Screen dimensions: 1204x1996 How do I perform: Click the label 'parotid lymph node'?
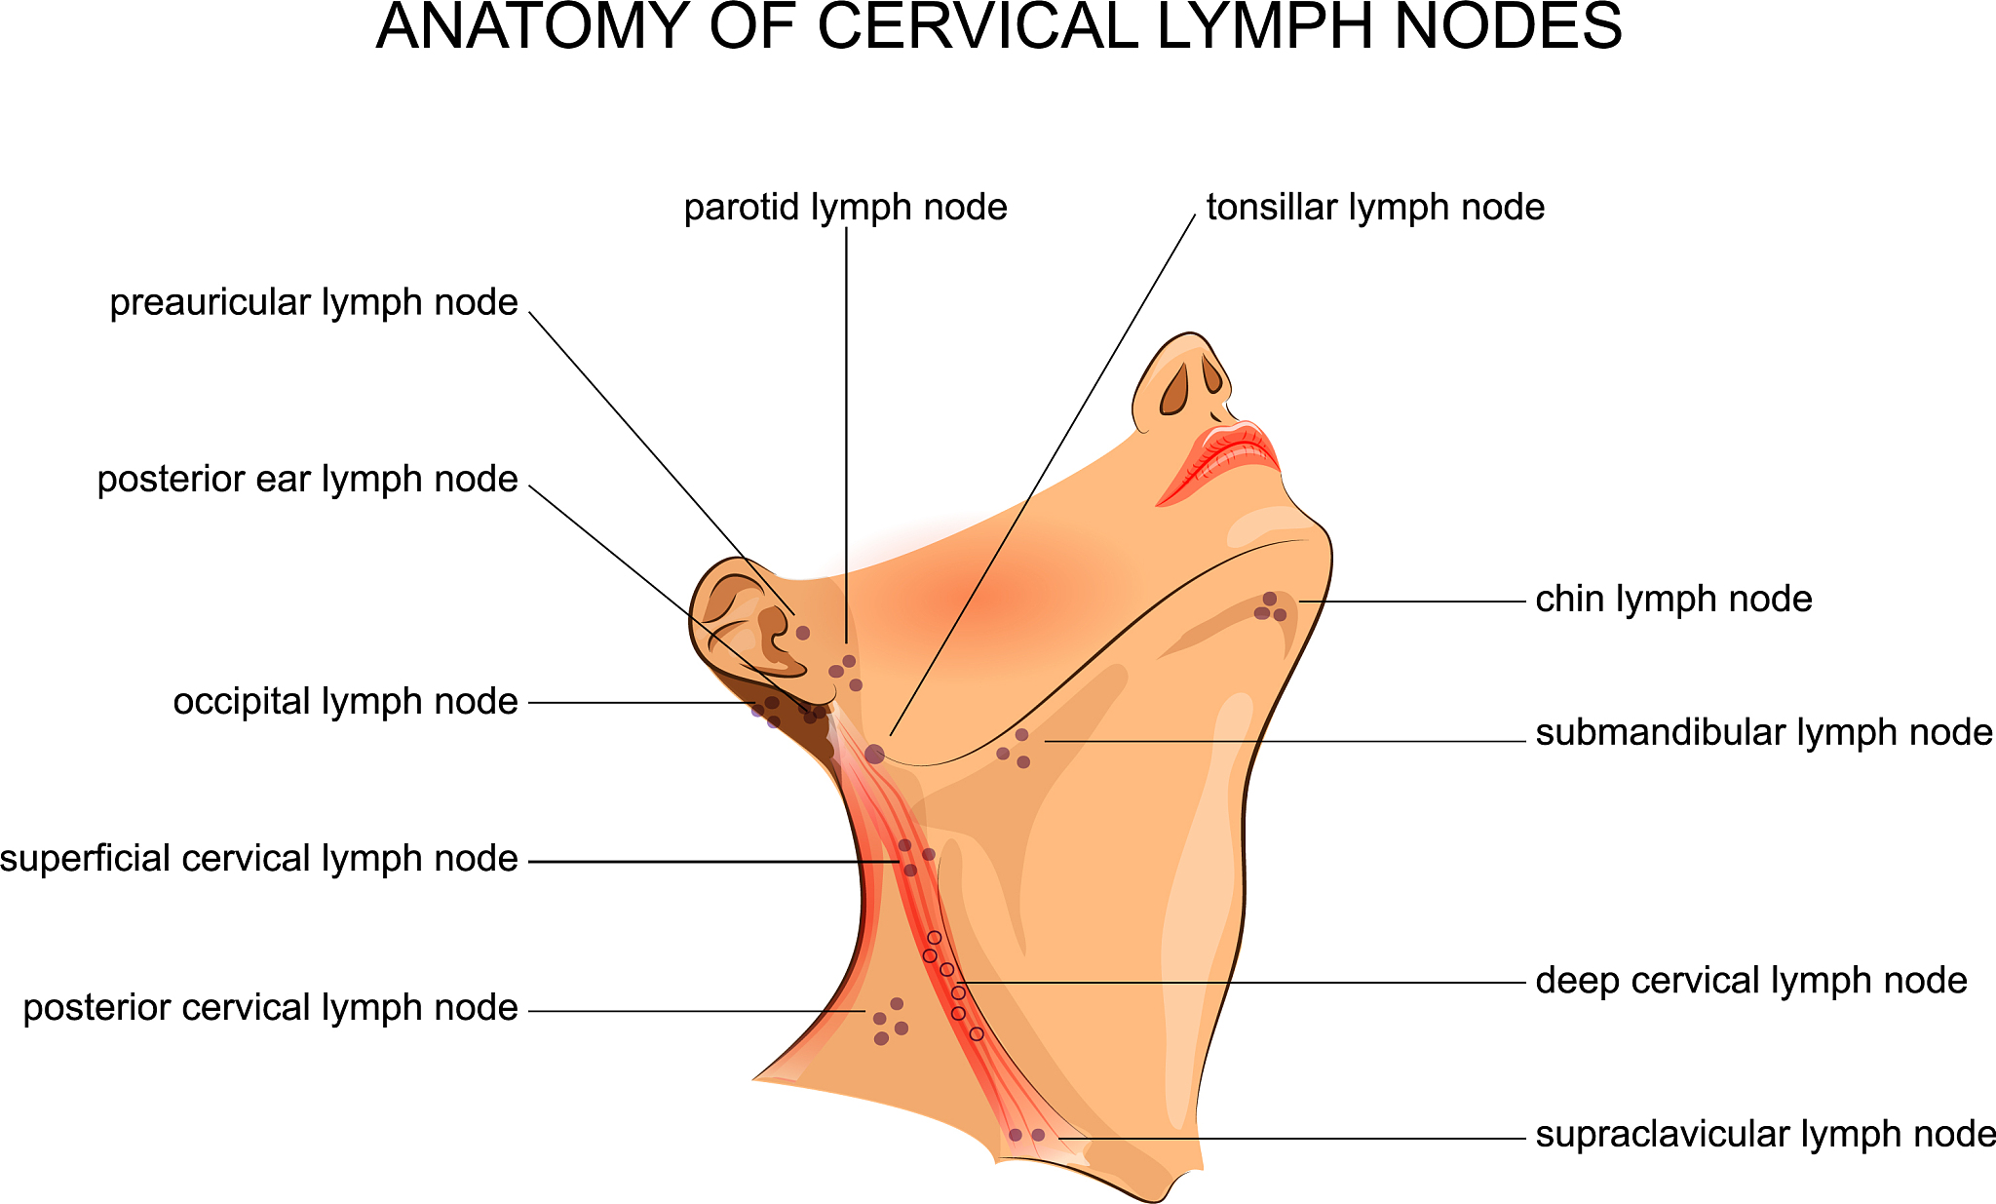845,208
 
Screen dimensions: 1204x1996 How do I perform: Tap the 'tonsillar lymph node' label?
1375,208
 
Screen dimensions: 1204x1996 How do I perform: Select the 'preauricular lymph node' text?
313,303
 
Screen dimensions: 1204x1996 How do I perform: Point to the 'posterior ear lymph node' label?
307,480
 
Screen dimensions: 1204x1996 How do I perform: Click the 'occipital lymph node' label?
345,702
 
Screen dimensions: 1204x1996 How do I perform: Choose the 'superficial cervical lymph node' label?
258,859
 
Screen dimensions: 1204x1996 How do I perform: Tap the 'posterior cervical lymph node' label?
270,1008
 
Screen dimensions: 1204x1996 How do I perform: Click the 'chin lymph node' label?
1673,600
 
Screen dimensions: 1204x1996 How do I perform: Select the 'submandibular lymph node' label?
1763,733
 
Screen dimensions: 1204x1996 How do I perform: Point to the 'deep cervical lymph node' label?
1751,981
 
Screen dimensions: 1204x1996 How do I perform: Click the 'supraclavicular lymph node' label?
1765,1135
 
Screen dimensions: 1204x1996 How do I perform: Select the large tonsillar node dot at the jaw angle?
874,754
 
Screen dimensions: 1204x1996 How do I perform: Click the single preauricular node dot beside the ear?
803,633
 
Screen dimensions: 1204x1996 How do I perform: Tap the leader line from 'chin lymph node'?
1413,602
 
